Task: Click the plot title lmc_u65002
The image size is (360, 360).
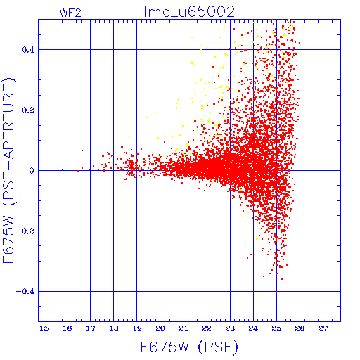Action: [189, 12]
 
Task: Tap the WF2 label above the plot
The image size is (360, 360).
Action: [70, 13]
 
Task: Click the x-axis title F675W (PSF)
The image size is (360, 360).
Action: [189, 347]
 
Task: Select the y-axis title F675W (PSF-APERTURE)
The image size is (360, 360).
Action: [9, 170]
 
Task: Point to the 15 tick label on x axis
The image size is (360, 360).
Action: [44, 328]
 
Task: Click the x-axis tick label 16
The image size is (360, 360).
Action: [67, 328]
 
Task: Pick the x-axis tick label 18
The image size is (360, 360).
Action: [114, 328]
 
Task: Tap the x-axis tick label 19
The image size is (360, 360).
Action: [137, 328]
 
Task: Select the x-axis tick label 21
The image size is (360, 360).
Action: [184, 328]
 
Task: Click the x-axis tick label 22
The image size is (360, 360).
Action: [207, 328]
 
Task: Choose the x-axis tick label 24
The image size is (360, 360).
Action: [253, 328]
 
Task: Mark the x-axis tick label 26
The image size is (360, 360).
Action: [300, 328]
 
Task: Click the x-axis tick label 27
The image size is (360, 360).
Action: [323, 328]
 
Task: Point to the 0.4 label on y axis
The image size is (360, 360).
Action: [28, 50]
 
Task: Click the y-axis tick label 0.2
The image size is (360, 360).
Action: [28, 110]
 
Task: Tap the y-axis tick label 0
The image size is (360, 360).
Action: [32, 171]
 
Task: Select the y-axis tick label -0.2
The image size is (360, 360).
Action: [25, 231]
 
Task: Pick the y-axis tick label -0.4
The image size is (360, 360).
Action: [25, 292]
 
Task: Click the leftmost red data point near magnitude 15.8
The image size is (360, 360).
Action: [63, 169]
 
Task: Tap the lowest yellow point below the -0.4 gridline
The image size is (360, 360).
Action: [259, 295]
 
